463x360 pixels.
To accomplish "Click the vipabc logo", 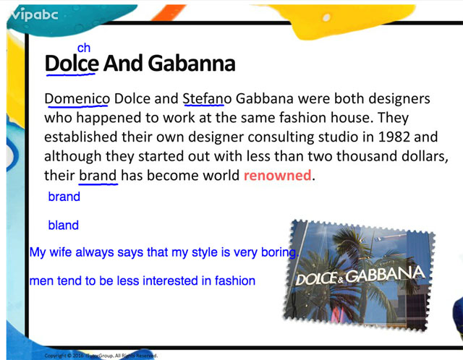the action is [34, 14].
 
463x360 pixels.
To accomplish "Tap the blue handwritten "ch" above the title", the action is [84, 48].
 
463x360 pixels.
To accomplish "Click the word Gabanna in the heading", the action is [191, 63].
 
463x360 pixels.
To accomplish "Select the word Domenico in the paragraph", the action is [77, 98].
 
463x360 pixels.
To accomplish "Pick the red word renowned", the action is [278, 175].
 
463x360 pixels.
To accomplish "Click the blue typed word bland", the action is [64, 225].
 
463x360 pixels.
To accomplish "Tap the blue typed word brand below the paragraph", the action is [64, 197].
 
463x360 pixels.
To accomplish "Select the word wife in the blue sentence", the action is [60, 252].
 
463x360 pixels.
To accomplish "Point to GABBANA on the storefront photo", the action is [386, 275].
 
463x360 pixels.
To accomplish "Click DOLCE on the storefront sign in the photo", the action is [317, 279].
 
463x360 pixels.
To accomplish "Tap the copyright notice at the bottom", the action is [101, 356].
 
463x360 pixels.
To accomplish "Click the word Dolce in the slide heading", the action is [72, 63].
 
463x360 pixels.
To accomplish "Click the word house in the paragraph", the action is [350, 118].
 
